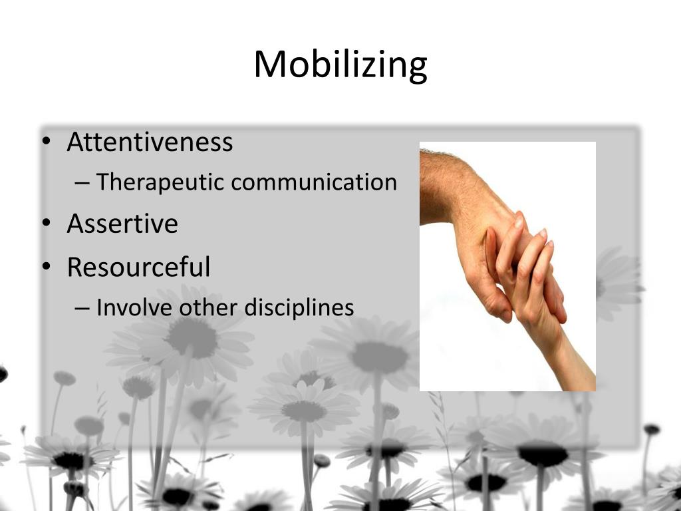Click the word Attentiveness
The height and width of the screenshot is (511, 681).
[150, 142]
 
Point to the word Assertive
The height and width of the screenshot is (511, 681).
[122, 224]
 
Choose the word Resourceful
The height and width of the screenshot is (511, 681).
[138, 267]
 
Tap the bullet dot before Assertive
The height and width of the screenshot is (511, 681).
[45, 225]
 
